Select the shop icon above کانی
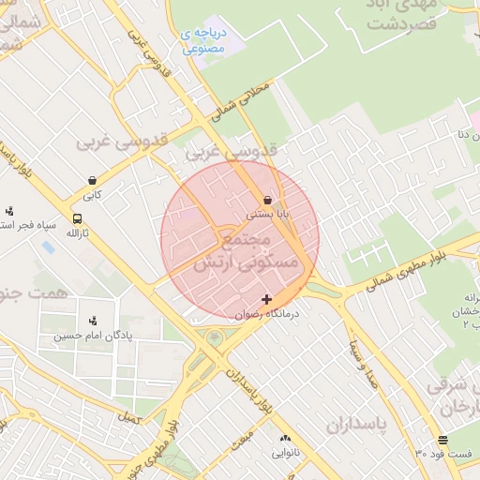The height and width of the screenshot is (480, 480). coord(92,180)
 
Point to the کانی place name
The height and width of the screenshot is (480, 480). coord(92,196)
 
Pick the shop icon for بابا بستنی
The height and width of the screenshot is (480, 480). coord(268,200)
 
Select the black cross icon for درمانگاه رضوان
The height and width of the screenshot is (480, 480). coord(267,299)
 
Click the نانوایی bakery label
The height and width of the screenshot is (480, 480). coord(286,453)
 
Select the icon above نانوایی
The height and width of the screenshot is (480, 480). coord(286,438)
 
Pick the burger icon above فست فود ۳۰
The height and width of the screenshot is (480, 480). coord(442,440)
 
